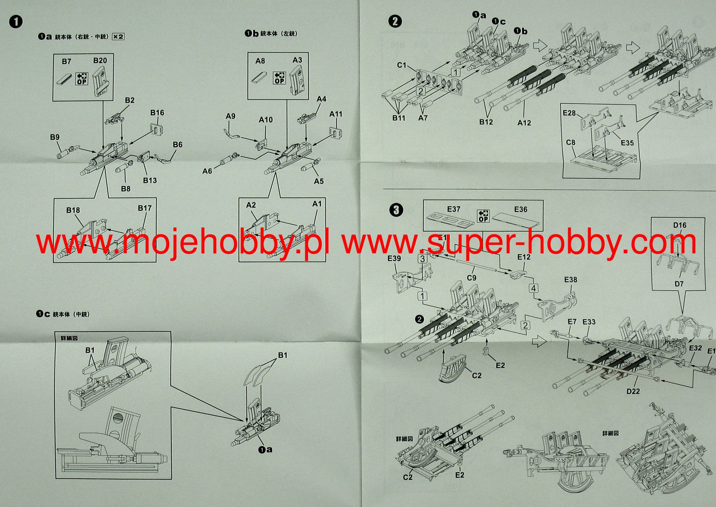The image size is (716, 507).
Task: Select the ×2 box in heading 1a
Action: tap(118, 36)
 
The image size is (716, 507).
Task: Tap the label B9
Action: tap(55, 137)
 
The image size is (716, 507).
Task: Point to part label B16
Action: tap(157, 113)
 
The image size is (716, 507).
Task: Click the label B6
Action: tap(178, 145)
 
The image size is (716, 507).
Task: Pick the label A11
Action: tap(336, 114)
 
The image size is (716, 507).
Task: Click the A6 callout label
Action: tap(207, 171)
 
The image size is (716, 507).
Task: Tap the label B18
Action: tap(73, 210)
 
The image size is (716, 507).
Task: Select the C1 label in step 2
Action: tap(402, 65)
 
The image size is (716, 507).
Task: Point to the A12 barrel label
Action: tap(524, 123)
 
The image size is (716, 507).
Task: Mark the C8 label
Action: tap(571, 143)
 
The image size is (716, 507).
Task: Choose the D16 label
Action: tap(680, 225)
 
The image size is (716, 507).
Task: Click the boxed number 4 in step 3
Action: tap(534, 288)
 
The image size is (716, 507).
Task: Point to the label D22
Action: tap(633, 391)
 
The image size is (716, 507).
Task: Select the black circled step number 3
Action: tap(396, 210)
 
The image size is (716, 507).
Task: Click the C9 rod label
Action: tap(472, 278)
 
